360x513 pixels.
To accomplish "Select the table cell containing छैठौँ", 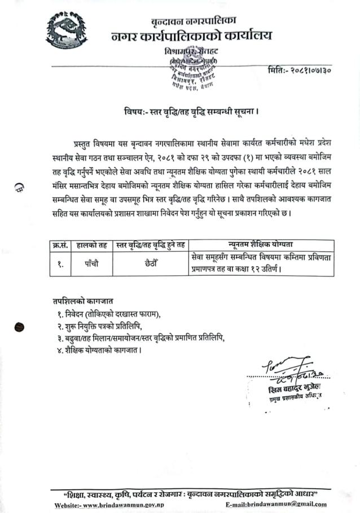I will tap(149, 263).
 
